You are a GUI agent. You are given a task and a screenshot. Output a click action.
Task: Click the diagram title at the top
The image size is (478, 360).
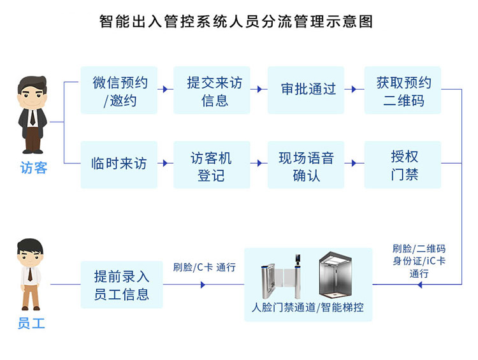click(x=236, y=21)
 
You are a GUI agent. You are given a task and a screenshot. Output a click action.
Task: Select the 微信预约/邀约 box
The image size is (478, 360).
click(x=119, y=90)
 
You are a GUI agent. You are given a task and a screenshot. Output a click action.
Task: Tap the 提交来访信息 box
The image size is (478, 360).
click(x=212, y=90)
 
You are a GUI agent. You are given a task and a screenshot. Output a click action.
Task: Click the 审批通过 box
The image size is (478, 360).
click(x=306, y=90)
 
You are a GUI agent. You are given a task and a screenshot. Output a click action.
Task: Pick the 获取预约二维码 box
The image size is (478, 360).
click(x=403, y=90)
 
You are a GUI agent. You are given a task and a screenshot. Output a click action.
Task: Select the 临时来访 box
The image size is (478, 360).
click(x=119, y=164)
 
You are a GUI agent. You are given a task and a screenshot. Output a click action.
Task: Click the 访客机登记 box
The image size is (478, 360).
click(x=212, y=164)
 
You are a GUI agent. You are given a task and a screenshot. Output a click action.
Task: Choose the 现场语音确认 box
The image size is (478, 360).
click(x=306, y=164)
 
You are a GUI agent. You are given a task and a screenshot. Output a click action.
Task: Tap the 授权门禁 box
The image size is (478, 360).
click(x=403, y=164)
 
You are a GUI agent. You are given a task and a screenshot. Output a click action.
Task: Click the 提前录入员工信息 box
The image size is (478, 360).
click(x=122, y=284)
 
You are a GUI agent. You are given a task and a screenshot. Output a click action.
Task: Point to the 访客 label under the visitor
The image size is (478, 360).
click(x=34, y=168)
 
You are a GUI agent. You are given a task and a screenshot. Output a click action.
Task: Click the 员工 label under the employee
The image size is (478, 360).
click(x=31, y=324)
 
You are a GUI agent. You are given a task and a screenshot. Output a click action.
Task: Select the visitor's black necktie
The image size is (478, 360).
click(x=33, y=117)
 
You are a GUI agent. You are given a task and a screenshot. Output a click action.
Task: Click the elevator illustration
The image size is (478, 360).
click(x=335, y=275)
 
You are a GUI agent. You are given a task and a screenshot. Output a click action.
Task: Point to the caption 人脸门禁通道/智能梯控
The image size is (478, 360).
click(x=308, y=307)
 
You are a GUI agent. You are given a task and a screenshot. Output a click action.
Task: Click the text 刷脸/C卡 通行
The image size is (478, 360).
click(x=204, y=268)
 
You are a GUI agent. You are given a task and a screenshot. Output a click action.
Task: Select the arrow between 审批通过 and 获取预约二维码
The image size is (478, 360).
click(x=354, y=89)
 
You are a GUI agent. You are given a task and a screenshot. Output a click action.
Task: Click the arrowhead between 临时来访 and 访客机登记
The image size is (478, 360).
click(x=166, y=163)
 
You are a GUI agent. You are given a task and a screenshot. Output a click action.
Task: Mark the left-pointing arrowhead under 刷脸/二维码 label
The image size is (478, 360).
click(x=420, y=285)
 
